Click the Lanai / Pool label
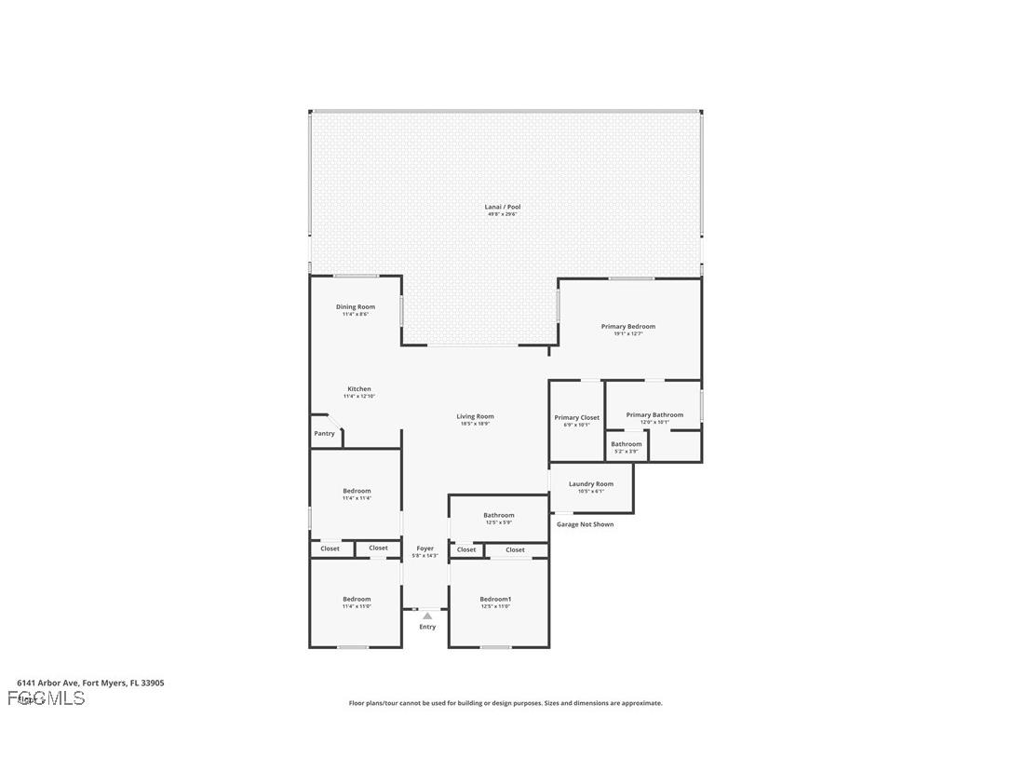click(502, 207)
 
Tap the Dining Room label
click(356, 306)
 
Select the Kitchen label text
click(359, 389)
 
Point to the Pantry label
click(324, 433)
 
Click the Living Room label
click(475, 416)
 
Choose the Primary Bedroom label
click(627, 327)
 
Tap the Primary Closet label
click(577, 417)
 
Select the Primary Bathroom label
click(654, 415)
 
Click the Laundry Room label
click(591, 483)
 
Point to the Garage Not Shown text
click(585, 524)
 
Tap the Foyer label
click(425, 548)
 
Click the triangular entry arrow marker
click(427, 616)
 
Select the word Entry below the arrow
click(427, 627)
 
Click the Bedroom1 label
click(495, 599)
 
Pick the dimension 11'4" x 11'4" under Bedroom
click(357, 498)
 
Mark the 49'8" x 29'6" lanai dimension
click(502, 214)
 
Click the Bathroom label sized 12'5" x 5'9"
click(498, 515)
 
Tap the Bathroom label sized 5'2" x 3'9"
click(627, 444)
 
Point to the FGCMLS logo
click(46, 698)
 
